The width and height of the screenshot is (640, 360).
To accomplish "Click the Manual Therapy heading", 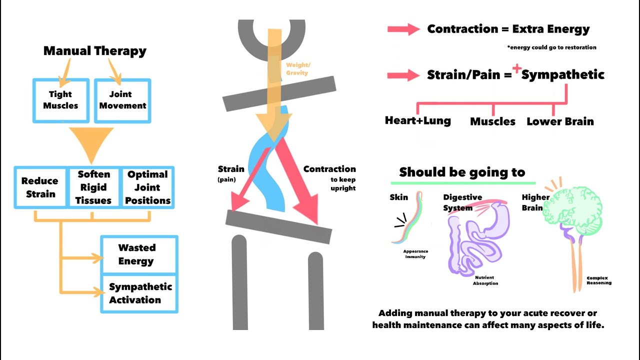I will pos(95,51).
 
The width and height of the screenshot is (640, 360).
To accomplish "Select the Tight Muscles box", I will pos(60,100).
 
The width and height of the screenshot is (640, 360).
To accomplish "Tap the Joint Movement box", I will pos(122,100).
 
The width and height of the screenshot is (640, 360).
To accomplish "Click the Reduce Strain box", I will pos(39,187).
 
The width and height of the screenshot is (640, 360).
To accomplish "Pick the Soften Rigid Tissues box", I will pos(94,187).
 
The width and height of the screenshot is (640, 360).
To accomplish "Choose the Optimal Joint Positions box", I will pos(147,187).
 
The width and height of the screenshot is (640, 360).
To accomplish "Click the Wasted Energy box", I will pos(136,254).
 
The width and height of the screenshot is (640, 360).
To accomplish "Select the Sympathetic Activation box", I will pos(140,293).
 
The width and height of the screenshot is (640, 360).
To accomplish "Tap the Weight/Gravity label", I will pos(298,69).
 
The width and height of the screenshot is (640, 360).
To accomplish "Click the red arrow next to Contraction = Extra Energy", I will pos(403,29).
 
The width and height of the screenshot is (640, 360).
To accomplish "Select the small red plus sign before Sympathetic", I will pos(516,69).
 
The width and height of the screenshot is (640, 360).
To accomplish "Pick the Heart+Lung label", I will pos(417,120).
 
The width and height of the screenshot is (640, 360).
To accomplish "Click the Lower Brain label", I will pos(560,121).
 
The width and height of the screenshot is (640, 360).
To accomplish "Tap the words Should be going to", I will pos(462,172).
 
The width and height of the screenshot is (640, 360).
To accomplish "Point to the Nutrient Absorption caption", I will pos(485,280).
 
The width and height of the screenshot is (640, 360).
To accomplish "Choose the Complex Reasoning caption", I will pos(599,280).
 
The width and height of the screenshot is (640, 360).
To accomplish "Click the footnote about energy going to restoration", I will pos(551,47).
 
